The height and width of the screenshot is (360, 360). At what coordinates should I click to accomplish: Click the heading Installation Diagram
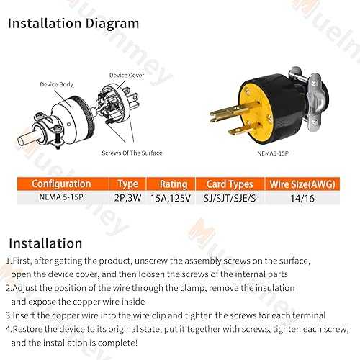coord(73,23)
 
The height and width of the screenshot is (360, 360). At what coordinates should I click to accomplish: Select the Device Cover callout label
coord(126,75)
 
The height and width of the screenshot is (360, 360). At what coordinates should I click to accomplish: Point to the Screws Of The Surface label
coord(132,153)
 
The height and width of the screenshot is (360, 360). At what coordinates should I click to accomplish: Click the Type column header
coord(127,184)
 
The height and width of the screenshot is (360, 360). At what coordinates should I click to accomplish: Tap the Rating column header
coord(174,184)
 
